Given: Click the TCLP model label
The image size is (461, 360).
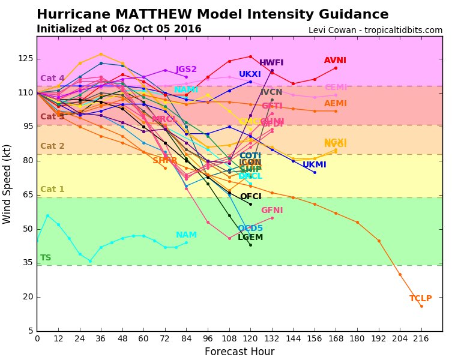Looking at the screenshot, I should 420,299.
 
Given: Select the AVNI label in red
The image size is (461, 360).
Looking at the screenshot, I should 335,61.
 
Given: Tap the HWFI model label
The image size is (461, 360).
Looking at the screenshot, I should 271,63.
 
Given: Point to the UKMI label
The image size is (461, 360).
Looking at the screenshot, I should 314,165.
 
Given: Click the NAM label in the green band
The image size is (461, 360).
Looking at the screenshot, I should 186,235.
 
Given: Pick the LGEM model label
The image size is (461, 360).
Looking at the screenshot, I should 250,238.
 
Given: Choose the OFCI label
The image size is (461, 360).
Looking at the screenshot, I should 250,197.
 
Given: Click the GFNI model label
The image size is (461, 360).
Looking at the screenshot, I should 271,211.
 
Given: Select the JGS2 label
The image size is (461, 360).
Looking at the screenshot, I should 186,70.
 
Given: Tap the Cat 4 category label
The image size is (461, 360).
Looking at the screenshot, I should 52,79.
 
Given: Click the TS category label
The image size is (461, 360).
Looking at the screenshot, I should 46,258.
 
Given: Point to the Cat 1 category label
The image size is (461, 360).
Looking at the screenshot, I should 52,190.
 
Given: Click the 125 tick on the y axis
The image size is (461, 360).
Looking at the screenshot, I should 25,58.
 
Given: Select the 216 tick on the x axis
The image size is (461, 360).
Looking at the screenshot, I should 421,338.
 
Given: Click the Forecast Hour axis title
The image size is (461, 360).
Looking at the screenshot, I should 240,352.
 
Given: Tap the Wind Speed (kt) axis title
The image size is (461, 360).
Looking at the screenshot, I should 7,184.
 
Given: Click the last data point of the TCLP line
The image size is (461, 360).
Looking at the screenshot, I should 421,306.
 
